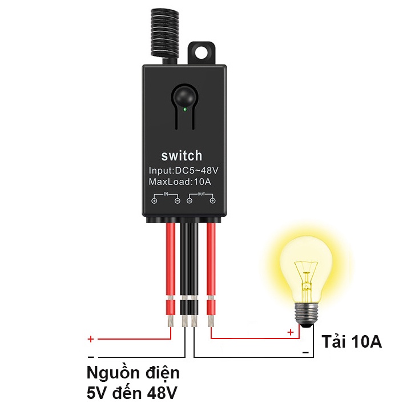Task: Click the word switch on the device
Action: point(182,156)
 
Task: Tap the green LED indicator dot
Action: point(185,109)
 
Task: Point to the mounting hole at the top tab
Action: point(202,53)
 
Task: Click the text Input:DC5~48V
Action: point(183,170)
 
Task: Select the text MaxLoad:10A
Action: point(180,182)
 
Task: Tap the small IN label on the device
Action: point(166,194)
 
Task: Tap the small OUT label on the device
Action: point(201,194)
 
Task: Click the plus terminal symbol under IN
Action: point(154,201)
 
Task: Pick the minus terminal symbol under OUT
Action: point(190,201)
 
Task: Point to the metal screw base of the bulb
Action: point(307,315)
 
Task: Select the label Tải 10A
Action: point(352,341)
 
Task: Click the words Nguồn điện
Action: point(133,373)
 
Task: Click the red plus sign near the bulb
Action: point(291,332)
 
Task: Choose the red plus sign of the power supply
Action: point(91,339)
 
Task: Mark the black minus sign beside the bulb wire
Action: point(305,353)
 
